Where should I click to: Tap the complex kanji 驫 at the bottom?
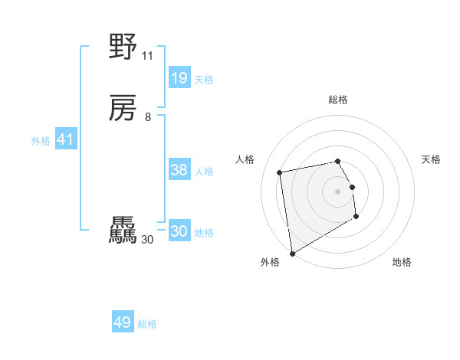(x=123, y=231)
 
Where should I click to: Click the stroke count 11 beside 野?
(x=147, y=56)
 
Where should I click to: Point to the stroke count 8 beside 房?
(x=147, y=117)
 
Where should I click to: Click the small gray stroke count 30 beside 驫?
(x=148, y=240)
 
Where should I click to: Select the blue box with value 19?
(x=179, y=78)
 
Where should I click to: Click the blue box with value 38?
(x=179, y=170)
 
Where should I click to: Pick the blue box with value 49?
(x=123, y=322)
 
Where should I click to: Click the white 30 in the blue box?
(x=179, y=231)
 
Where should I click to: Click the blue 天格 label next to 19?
(x=204, y=80)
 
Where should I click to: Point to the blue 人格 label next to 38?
(x=204, y=172)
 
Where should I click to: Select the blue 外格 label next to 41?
(x=41, y=141)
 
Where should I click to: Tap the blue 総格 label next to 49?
(x=147, y=324)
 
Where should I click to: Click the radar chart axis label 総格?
(x=338, y=100)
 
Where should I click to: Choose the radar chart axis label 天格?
(x=431, y=159)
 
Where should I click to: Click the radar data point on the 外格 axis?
(x=292, y=254)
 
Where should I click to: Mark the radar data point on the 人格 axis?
(x=280, y=172)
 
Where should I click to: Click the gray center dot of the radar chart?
(x=338, y=191)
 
